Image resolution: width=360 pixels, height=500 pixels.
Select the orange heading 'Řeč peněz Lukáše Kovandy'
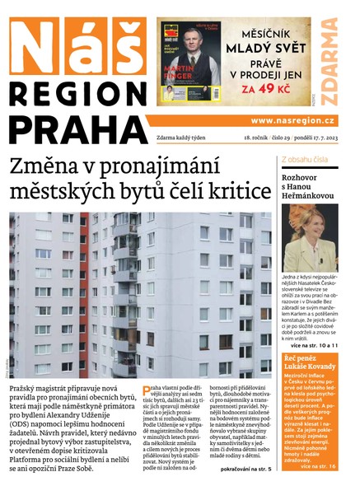(x=310, y=364)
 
